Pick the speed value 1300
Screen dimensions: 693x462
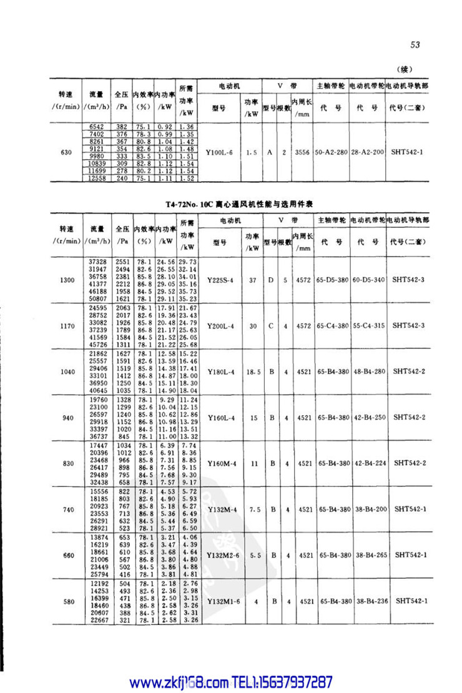pyautogui.click(x=66, y=280)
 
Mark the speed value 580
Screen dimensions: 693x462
pyautogui.click(x=66, y=601)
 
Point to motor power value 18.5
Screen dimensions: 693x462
pyautogui.click(x=252, y=371)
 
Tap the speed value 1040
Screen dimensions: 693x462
pyautogui.click(x=66, y=371)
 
